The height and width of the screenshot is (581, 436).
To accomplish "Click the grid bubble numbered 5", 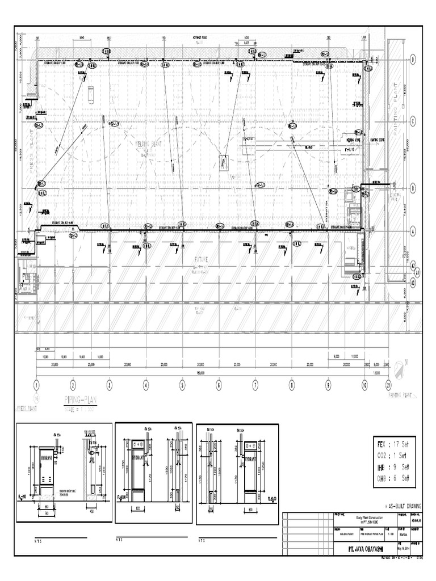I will click(182, 384).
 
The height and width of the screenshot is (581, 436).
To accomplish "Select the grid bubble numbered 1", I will click(37, 384).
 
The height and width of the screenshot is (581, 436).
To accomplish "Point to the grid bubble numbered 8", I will click(291, 384).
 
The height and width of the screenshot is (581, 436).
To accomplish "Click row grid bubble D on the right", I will click(413, 60).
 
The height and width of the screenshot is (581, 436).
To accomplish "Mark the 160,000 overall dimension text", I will click(201, 373).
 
